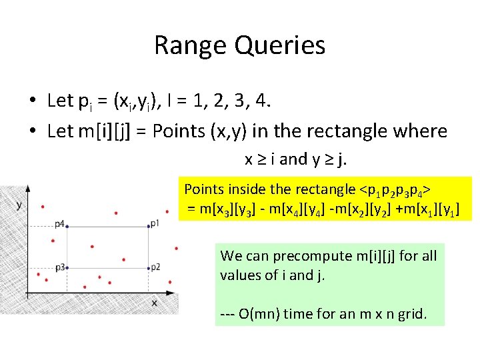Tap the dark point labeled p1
click(x=148, y=227)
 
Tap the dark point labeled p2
click(x=148, y=268)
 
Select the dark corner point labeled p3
click(x=66, y=268)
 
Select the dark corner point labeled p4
click(x=66, y=227)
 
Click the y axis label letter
click(x=19, y=205)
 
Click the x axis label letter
click(x=153, y=303)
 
